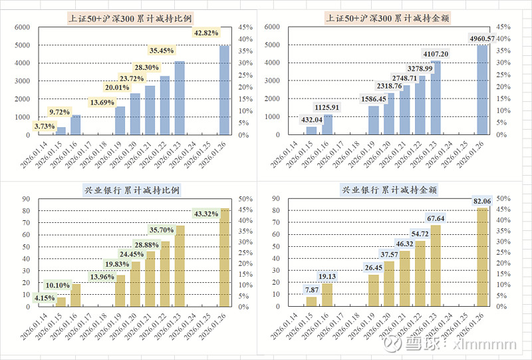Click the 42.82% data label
click(x=207, y=33)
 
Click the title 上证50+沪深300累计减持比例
click(x=124, y=18)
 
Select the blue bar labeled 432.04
click(x=311, y=131)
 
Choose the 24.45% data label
click(x=132, y=254)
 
